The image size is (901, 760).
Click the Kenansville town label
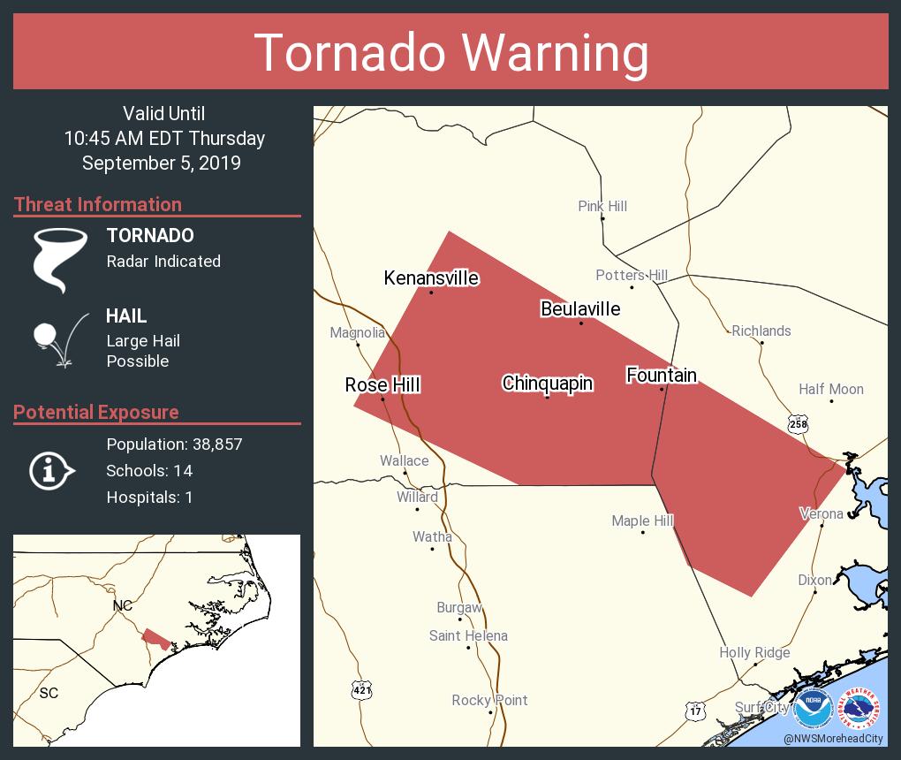(431, 278)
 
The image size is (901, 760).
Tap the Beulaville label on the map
(580, 308)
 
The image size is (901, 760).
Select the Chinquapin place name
(547, 383)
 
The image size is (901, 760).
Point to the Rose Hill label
(382, 384)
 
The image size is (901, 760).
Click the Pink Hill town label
(602, 206)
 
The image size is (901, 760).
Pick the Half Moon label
(830, 389)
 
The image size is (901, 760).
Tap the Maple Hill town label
(642, 521)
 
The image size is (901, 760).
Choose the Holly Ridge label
(754, 652)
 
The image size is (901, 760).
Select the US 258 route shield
(798, 424)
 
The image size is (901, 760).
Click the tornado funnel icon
(59, 260)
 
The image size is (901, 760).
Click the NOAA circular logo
(813, 709)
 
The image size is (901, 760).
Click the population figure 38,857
(215, 444)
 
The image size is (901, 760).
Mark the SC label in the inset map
(49, 693)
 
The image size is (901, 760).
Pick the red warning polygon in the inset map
(156, 638)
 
